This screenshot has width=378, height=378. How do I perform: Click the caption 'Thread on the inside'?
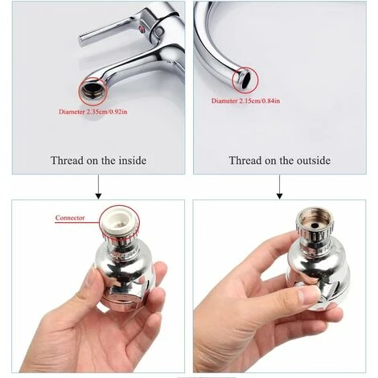tap(98, 160)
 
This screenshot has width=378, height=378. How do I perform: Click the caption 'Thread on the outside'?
tap(279, 160)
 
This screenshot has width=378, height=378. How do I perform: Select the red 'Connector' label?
tap(70, 218)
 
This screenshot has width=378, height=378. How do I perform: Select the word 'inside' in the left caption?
tap(129, 160)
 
